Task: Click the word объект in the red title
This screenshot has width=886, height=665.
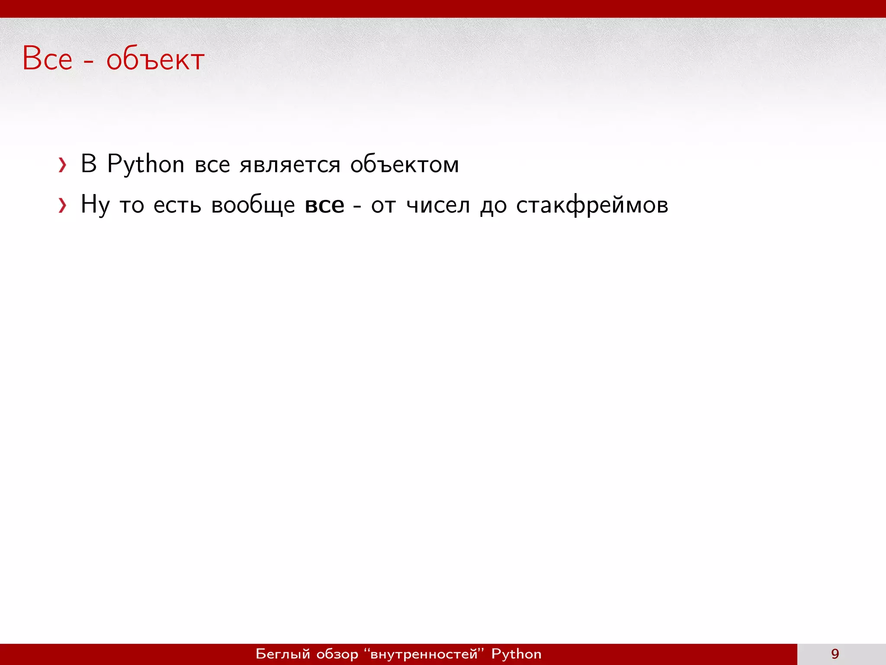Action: (x=155, y=59)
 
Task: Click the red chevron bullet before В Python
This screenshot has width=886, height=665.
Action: (x=63, y=165)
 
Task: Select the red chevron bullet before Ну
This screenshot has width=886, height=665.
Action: (x=63, y=205)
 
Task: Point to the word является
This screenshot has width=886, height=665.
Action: (x=290, y=165)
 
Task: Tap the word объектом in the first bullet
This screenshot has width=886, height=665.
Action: (x=404, y=165)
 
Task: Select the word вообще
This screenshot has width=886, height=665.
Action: (x=253, y=205)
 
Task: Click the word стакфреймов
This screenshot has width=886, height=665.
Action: (x=592, y=205)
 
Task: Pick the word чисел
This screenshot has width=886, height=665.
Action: (x=438, y=205)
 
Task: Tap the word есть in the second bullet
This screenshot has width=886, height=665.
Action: (x=177, y=205)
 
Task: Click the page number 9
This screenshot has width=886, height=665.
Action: (x=835, y=654)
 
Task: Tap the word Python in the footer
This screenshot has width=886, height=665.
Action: (x=516, y=654)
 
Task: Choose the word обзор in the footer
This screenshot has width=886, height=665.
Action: (x=337, y=654)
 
